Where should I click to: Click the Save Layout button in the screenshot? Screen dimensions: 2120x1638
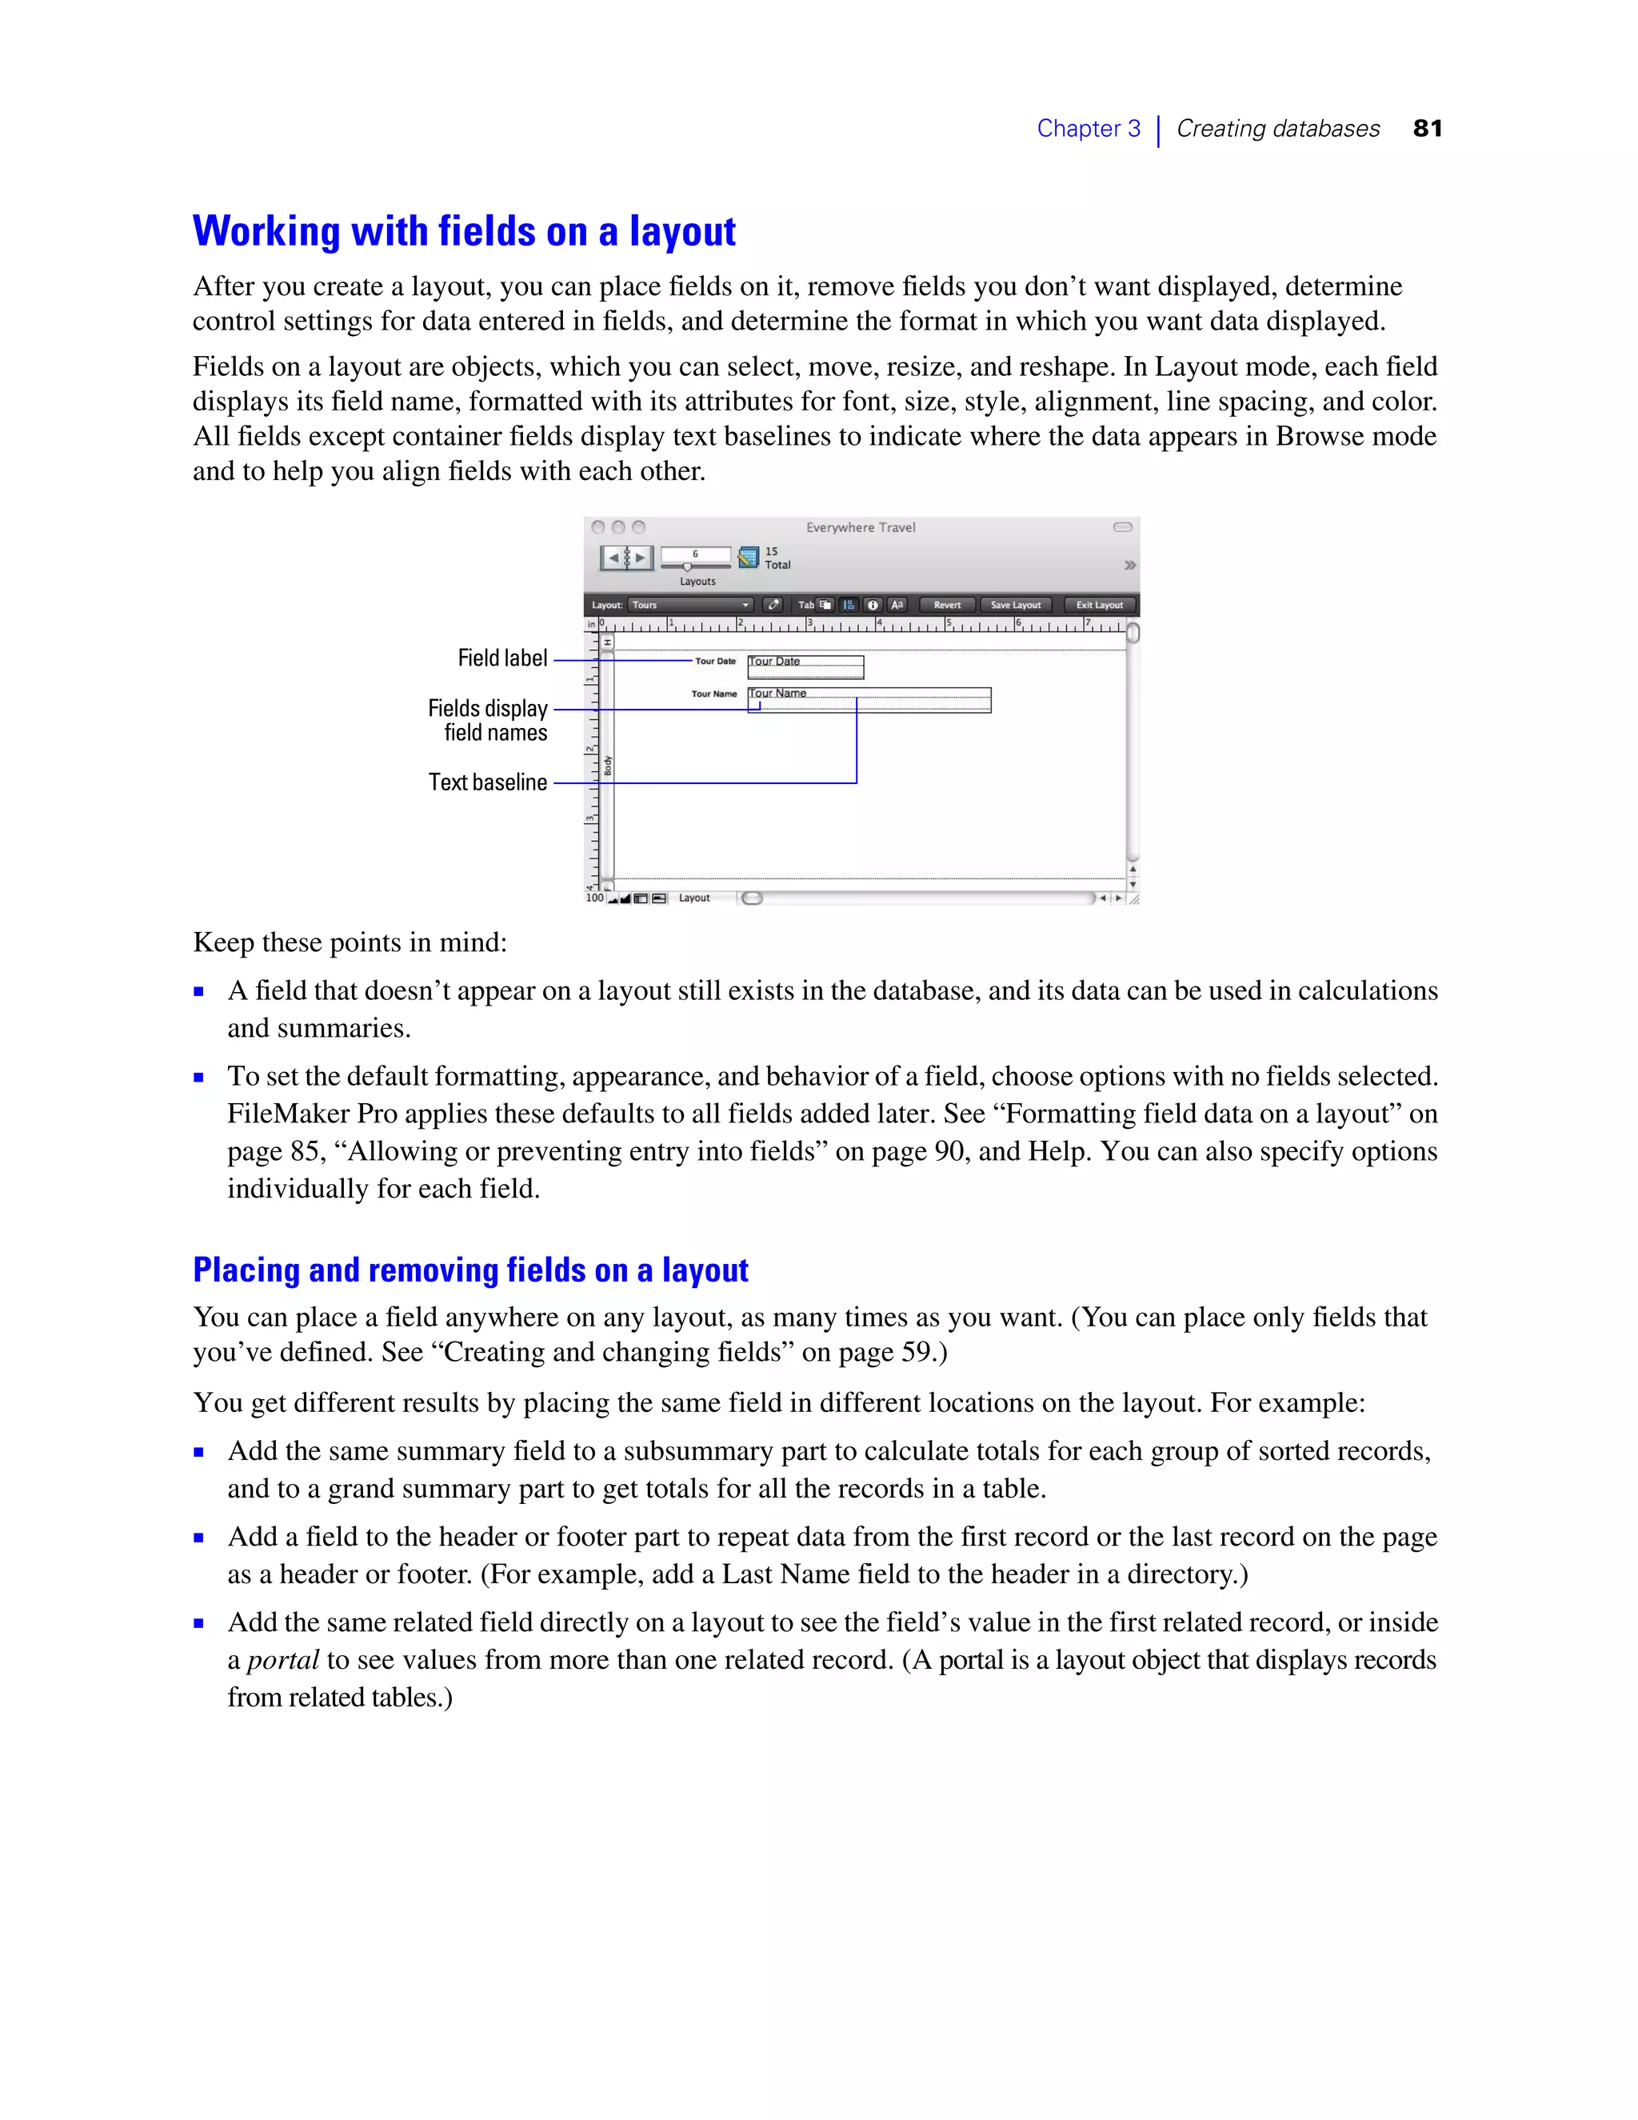[1015, 605]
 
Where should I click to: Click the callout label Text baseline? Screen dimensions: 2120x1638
[488, 782]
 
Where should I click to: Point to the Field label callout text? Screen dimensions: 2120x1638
[502, 658]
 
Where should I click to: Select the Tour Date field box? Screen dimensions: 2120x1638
[805, 667]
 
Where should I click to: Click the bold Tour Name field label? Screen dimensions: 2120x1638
[714, 694]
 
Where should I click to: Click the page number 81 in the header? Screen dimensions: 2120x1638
[1428, 128]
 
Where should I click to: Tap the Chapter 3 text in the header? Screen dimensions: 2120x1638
[1088, 128]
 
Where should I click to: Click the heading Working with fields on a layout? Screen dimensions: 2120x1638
[464, 231]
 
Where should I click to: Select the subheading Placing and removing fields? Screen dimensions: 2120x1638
[470, 1270]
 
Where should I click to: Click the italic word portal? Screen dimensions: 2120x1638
[282, 1660]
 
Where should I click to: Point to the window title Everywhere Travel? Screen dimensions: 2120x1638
[861, 527]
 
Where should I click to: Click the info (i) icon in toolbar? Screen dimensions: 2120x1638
[873, 605]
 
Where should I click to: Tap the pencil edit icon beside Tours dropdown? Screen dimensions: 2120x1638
[773, 605]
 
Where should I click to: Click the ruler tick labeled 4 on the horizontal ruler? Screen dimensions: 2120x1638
[879, 622]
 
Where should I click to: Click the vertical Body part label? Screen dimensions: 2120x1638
[609, 765]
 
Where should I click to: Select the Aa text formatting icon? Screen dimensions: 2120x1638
[897, 605]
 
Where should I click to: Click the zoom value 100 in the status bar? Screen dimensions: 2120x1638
[594, 898]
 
